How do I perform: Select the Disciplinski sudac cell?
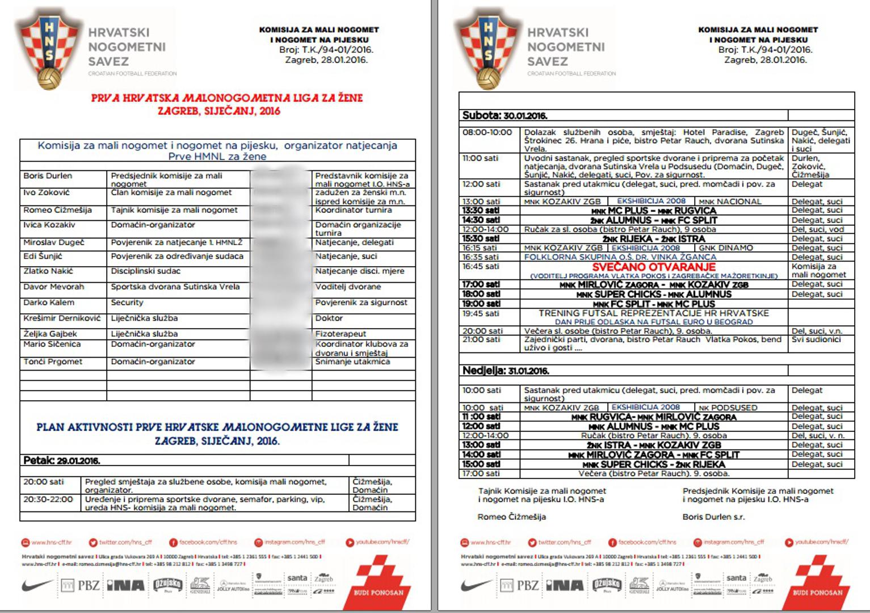click(x=138, y=271)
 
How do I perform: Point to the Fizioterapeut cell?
click(x=341, y=334)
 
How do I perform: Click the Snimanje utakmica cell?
click(x=352, y=362)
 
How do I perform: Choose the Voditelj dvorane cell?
click(x=348, y=287)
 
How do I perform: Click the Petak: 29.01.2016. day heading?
click(x=62, y=460)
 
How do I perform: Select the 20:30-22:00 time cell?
click(x=48, y=499)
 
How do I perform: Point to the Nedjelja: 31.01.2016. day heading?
click(x=506, y=371)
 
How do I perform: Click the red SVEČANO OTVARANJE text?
click(x=654, y=267)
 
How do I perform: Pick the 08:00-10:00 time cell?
click(x=487, y=132)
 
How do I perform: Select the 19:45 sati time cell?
click(x=481, y=313)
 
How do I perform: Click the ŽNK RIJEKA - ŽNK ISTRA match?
click(x=654, y=239)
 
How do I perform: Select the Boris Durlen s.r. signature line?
click(x=713, y=517)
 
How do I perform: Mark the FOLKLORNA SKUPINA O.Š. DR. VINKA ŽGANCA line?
click(x=620, y=257)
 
